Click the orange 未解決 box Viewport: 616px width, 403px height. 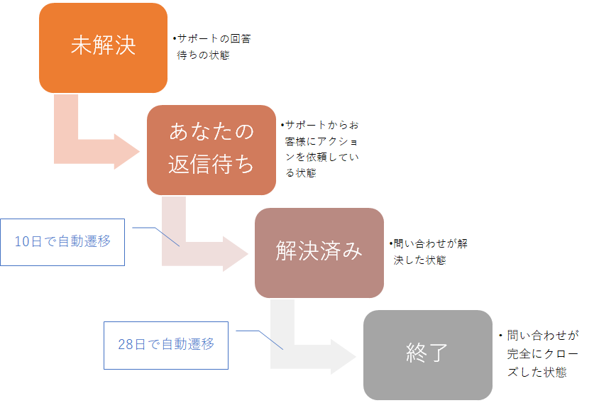pyautogui.click(x=103, y=48)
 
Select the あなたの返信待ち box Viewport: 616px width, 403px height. pyautogui.click(x=211, y=150)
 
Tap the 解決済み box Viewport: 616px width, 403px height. pyautogui.click(x=319, y=252)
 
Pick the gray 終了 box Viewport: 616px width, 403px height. pyautogui.click(x=427, y=355)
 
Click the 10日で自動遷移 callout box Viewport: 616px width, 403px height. pyautogui.click(x=62, y=241)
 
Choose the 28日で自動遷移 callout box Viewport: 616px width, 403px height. pyautogui.click(x=166, y=345)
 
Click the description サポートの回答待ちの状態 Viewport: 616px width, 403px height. pyautogui.click(x=211, y=47)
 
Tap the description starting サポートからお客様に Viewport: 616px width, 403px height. pyautogui.click(x=319, y=148)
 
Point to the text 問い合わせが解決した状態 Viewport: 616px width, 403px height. pyautogui.click(x=428, y=251)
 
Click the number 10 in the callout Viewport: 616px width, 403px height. pyautogui.click(x=22, y=241)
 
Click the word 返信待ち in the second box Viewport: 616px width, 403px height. pyautogui.click(x=211, y=164)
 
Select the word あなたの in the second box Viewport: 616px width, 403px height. pyautogui.click(x=211, y=133)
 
